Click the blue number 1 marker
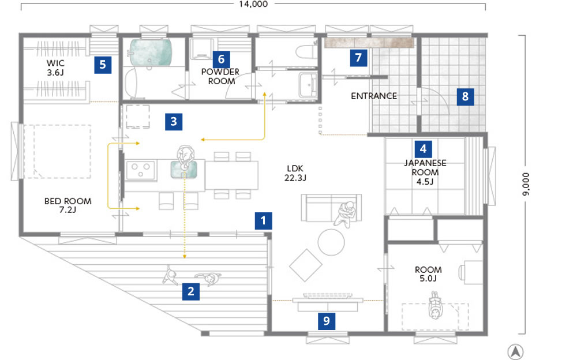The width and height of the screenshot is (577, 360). pyautogui.click(x=264, y=220)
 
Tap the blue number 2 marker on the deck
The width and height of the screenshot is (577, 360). pyautogui.click(x=191, y=291)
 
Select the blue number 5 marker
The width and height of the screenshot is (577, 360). pyautogui.click(x=103, y=65)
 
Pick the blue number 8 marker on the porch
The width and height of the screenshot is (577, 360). pyautogui.click(x=466, y=96)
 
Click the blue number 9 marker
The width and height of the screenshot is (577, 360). pyautogui.click(x=327, y=321)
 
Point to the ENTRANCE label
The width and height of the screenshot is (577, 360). pyautogui.click(x=374, y=96)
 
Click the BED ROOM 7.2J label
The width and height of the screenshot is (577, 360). pyautogui.click(x=68, y=205)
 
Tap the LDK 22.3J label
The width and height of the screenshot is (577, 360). pyautogui.click(x=295, y=173)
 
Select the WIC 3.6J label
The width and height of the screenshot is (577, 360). pyautogui.click(x=55, y=67)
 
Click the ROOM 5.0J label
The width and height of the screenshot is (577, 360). pyautogui.click(x=428, y=274)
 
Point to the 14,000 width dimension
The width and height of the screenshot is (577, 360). pyautogui.click(x=253, y=4)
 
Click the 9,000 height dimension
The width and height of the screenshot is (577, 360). pyautogui.click(x=526, y=184)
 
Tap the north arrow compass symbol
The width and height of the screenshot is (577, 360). pyautogui.click(x=516, y=351)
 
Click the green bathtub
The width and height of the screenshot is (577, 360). pyautogui.click(x=151, y=52)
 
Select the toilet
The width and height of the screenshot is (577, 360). pyautogui.click(x=306, y=51)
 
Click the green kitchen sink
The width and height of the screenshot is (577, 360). pyautogui.click(x=183, y=169)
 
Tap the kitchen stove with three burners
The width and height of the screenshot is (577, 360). pyautogui.click(x=141, y=170)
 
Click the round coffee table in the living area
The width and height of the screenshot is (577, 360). pyautogui.click(x=331, y=242)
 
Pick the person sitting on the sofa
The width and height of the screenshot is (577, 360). pyautogui.click(x=346, y=214)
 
